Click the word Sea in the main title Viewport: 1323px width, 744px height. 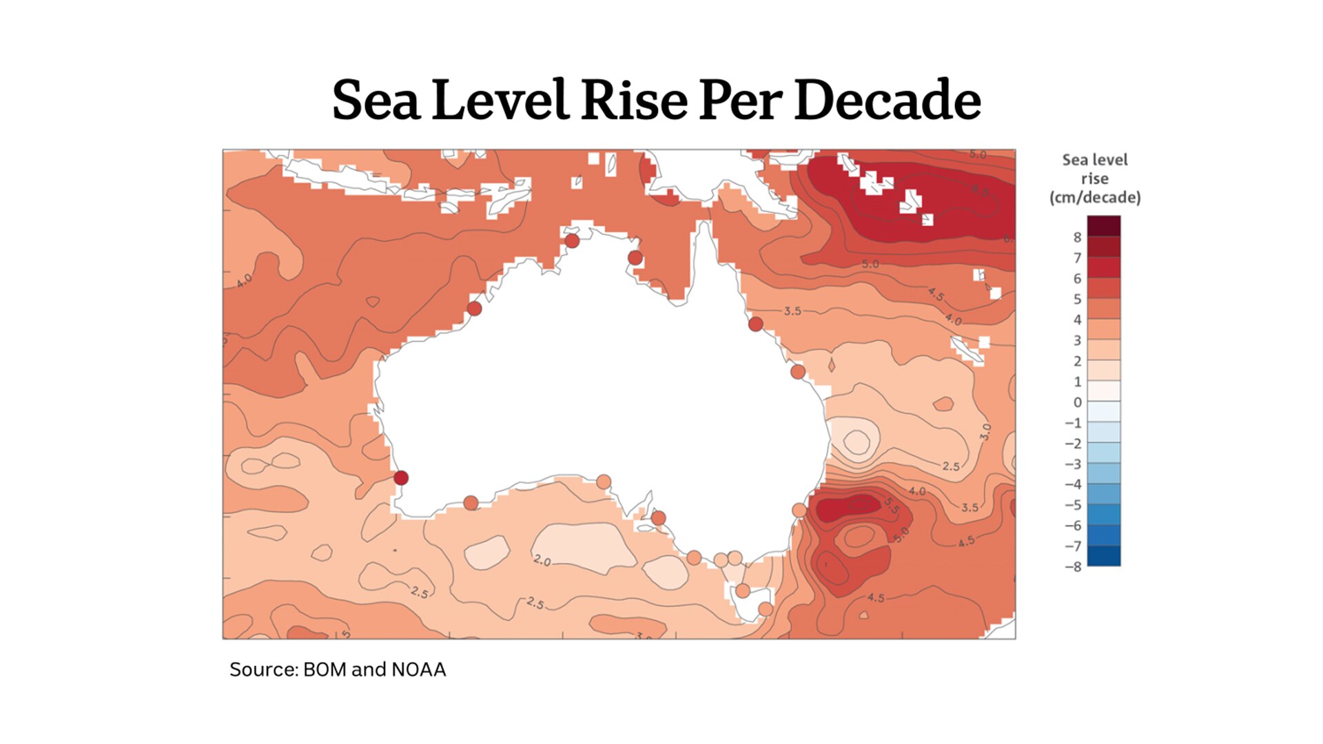376,101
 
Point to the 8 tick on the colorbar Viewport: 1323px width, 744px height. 1077,238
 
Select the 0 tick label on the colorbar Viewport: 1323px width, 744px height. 1077,402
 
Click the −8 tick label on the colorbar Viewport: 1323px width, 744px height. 1073,567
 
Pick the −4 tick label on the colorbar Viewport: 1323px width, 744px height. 1073,484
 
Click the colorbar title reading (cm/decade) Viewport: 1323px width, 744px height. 1095,198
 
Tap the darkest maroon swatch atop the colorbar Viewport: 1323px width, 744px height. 1104,226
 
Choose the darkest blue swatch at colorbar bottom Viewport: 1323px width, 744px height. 1104,556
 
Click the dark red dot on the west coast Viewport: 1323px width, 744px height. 401,477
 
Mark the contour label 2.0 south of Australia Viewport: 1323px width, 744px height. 542,561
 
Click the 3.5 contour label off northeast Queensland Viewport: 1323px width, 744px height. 792,311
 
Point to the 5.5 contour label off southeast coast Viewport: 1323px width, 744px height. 891,506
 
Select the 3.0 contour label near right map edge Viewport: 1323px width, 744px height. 985,432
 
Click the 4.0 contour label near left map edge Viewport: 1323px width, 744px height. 244,280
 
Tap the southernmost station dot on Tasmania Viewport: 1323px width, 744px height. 766,609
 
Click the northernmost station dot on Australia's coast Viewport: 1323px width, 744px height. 572,241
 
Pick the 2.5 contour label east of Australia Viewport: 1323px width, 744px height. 951,466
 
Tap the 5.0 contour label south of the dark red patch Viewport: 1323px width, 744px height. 870,264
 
